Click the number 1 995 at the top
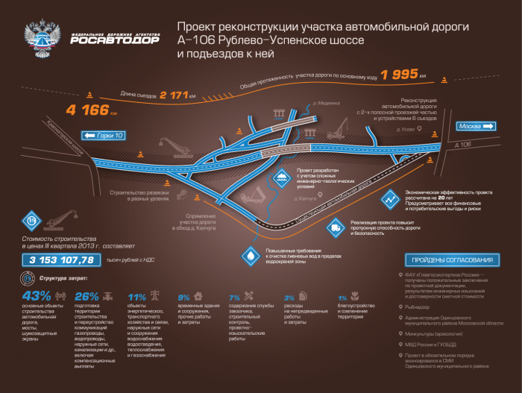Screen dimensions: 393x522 399,75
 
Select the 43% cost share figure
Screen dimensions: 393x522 37,295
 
